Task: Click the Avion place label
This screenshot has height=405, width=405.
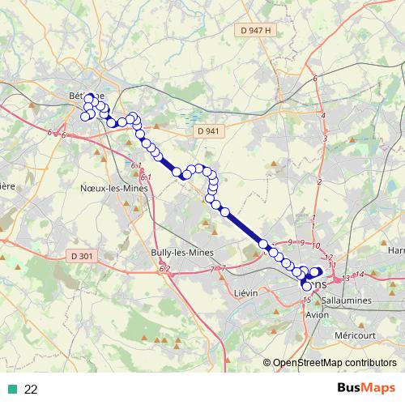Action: pos(318,314)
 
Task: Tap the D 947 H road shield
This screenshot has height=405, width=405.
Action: pos(256,30)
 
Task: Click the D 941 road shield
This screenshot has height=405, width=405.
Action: pos(207,130)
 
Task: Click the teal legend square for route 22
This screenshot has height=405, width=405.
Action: pos(11,390)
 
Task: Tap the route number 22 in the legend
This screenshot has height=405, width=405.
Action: pos(31,390)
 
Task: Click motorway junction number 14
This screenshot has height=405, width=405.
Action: pos(360,275)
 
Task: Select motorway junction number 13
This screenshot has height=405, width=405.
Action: pos(346,279)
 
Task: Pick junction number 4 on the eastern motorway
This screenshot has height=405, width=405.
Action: pos(324,117)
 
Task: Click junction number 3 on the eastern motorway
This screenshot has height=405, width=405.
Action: pos(325,139)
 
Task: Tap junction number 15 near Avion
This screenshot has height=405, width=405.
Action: pos(307,301)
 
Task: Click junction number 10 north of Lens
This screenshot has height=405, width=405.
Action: pos(316,245)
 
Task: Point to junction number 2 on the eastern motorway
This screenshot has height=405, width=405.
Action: pos(320,181)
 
